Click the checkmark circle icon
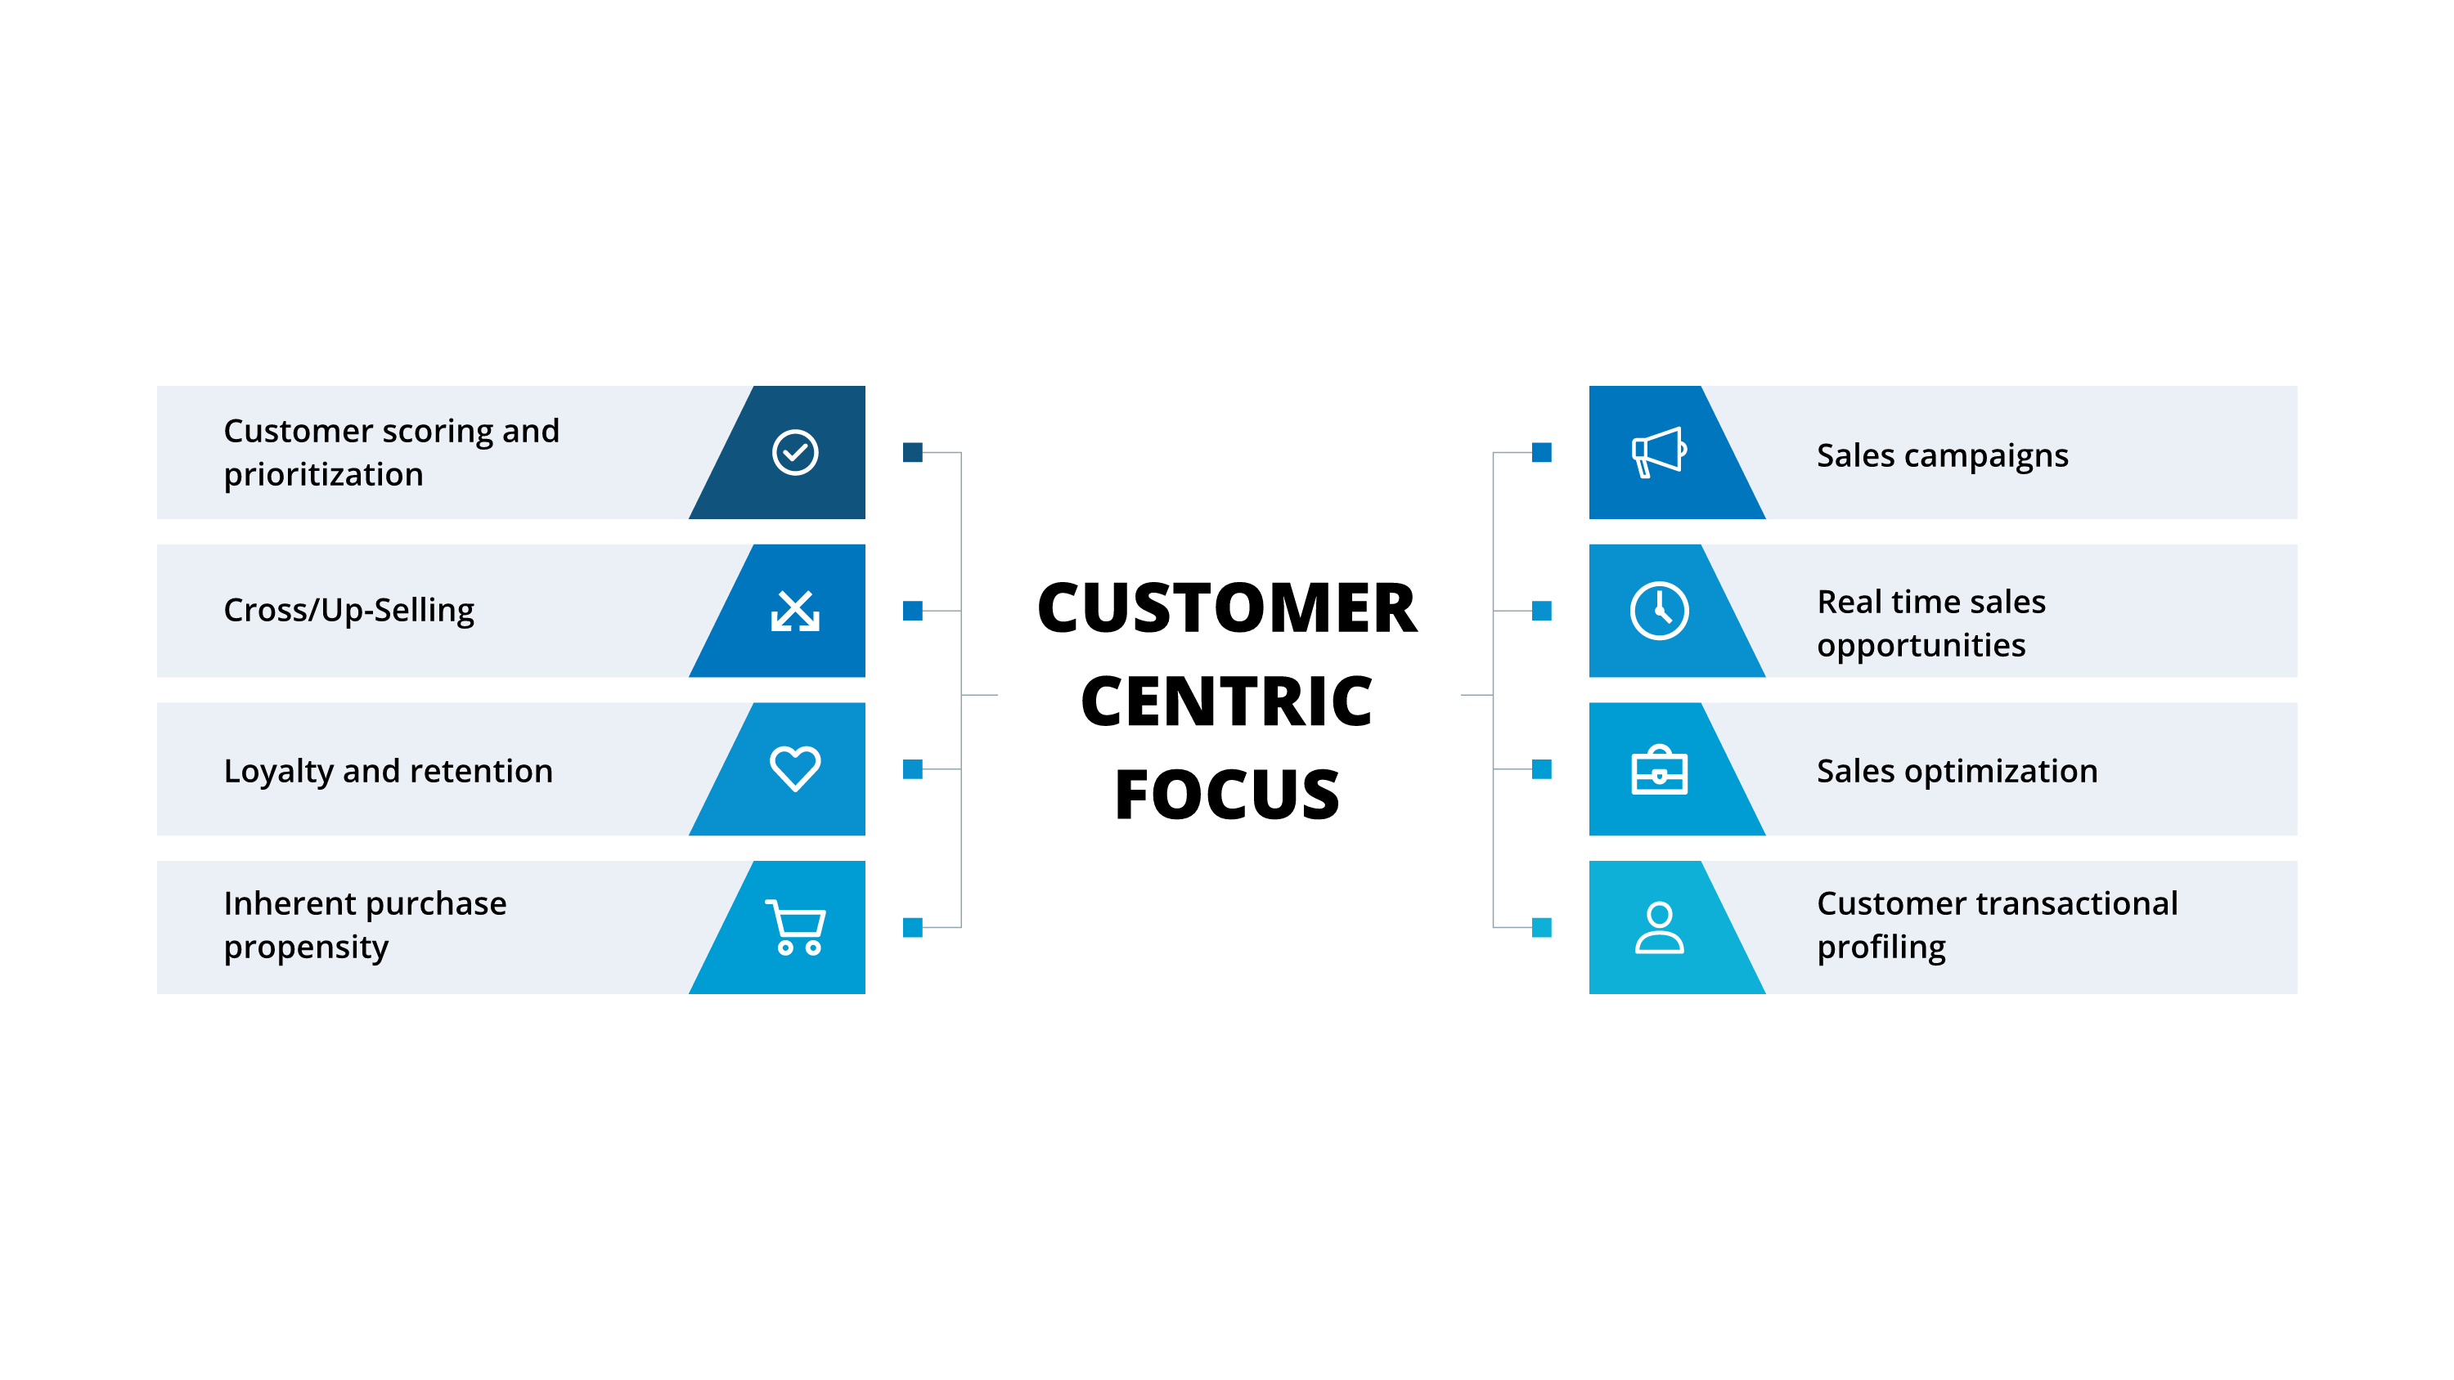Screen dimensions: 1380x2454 (794, 452)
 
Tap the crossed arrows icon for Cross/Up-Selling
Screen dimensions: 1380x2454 (794, 612)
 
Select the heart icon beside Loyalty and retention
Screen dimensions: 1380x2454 (794, 768)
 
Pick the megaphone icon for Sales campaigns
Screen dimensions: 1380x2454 (1659, 452)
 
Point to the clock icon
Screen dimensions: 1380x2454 (1659, 611)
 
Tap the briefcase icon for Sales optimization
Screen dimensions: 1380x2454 (1659, 769)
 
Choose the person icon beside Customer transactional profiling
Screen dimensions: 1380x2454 (1659, 928)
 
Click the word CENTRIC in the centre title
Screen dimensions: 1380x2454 (1226, 701)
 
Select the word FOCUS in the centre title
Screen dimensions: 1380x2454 (1226, 795)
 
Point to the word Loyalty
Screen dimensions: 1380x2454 (278, 772)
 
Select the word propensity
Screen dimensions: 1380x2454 (306, 948)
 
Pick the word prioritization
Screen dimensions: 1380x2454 (323, 475)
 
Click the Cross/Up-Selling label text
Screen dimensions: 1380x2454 (348, 611)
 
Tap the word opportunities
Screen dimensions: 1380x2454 (1921, 647)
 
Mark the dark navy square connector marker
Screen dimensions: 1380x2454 (913, 452)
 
